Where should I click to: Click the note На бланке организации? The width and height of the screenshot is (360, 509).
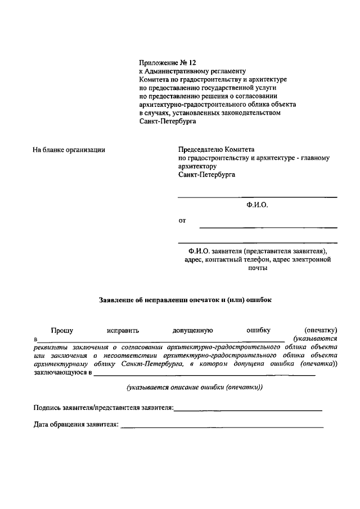point(70,150)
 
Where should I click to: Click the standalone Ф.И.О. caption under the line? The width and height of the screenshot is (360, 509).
point(257,206)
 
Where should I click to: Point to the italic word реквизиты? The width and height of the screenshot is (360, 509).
point(51,348)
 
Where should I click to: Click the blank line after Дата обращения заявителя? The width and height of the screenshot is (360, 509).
point(222,427)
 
